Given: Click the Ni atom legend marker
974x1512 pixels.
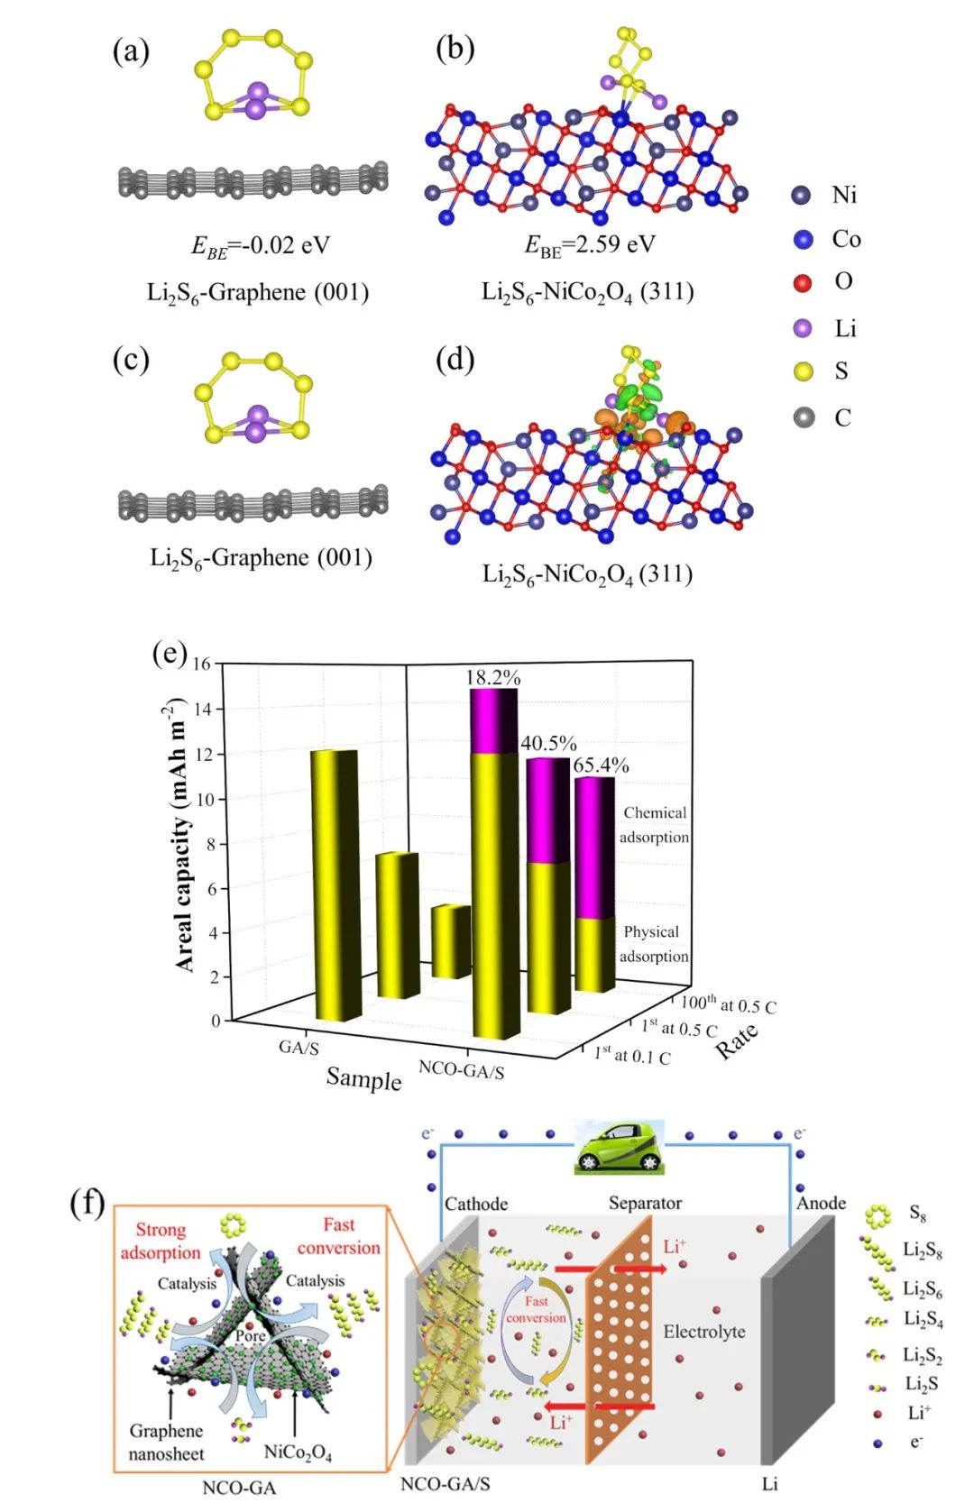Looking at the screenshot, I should click(801, 196).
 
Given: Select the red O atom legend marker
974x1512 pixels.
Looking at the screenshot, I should click(802, 283).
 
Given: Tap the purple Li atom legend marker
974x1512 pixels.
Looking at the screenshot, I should click(802, 328).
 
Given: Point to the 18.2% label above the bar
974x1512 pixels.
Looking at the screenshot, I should click(492, 677).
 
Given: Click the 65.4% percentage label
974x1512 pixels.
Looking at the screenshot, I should click(601, 765).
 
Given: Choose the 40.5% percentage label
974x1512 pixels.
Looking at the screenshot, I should click(548, 743).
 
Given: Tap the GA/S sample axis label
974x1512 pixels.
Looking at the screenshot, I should click(299, 1048).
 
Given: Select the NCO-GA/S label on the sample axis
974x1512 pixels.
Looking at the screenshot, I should click(461, 1070).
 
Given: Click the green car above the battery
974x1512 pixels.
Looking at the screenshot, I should click(619, 1147).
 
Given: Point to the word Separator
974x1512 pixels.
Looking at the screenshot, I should click(645, 1203).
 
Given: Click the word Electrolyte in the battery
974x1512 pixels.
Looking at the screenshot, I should click(704, 1332).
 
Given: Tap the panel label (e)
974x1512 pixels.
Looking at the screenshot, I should click(169, 652).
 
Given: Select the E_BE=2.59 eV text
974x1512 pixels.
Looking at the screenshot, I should click(590, 244).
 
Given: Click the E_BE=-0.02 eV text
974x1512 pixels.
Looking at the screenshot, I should click(260, 245).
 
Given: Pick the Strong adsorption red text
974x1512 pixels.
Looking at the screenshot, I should click(161, 1241).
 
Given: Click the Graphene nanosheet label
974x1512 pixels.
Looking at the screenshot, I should click(166, 1442).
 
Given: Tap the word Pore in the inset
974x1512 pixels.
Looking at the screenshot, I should click(251, 1335).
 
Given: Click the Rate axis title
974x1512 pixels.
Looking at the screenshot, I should click(737, 1041).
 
